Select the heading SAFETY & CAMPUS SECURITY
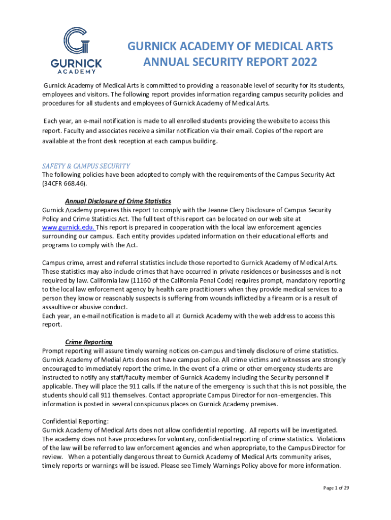point(86,166)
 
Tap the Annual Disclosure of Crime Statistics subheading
point(118,201)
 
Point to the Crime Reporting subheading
point(89,342)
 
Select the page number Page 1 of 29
point(336,488)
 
